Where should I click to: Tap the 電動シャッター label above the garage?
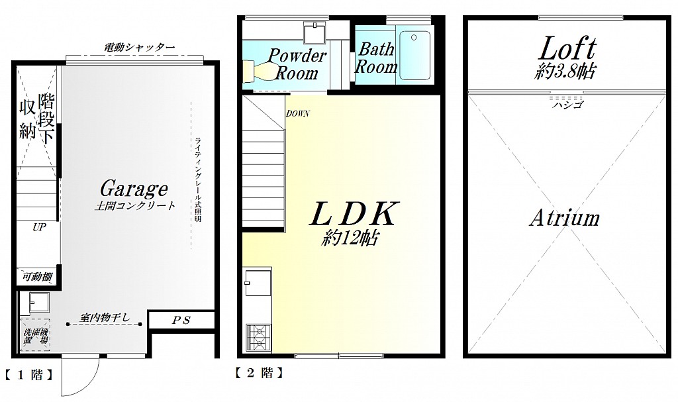(x=139, y=47)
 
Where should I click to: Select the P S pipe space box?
(x=181, y=321)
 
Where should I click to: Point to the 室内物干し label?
(x=105, y=317)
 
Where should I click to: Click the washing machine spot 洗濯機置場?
(x=36, y=335)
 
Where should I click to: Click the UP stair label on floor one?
(x=39, y=227)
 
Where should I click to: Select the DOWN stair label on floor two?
(x=297, y=114)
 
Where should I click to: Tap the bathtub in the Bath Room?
(x=414, y=55)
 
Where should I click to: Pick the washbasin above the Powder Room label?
(x=316, y=32)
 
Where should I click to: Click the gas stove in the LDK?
(x=259, y=338)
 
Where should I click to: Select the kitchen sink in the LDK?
(x=258, y=282)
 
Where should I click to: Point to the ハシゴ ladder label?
(x=567, y=105)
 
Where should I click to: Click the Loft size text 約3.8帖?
(x=564, y=71)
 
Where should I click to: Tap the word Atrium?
(x=565, y=218)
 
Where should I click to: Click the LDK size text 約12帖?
(x=351, y=237)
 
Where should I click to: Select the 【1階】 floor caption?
(x=29, y=375)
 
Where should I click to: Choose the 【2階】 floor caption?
(x=260, y=373)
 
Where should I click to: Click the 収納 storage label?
(x=26, y=120)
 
